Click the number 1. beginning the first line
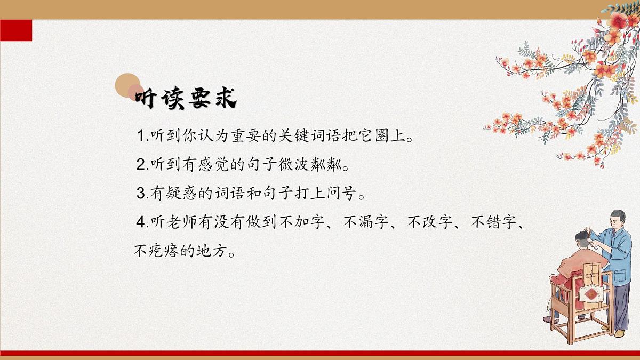click(142, 136)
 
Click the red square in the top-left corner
click(16, 30)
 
